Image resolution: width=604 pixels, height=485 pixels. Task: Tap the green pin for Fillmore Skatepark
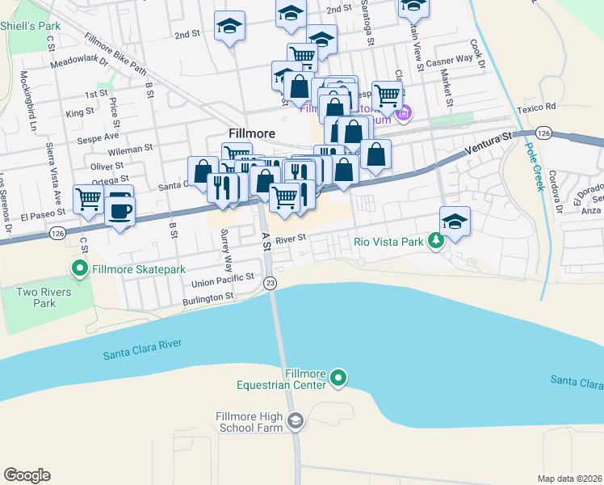[80, 268]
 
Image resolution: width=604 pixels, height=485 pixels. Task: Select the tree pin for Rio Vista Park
[436, 240]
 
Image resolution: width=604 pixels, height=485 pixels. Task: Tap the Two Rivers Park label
[44, 297]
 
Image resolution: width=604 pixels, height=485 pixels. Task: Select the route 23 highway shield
[271, 282]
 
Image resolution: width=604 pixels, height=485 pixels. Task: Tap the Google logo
[27, 475]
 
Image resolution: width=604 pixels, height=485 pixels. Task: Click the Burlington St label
[207, 297]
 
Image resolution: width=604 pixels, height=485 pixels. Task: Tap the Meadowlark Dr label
[78, 62]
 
